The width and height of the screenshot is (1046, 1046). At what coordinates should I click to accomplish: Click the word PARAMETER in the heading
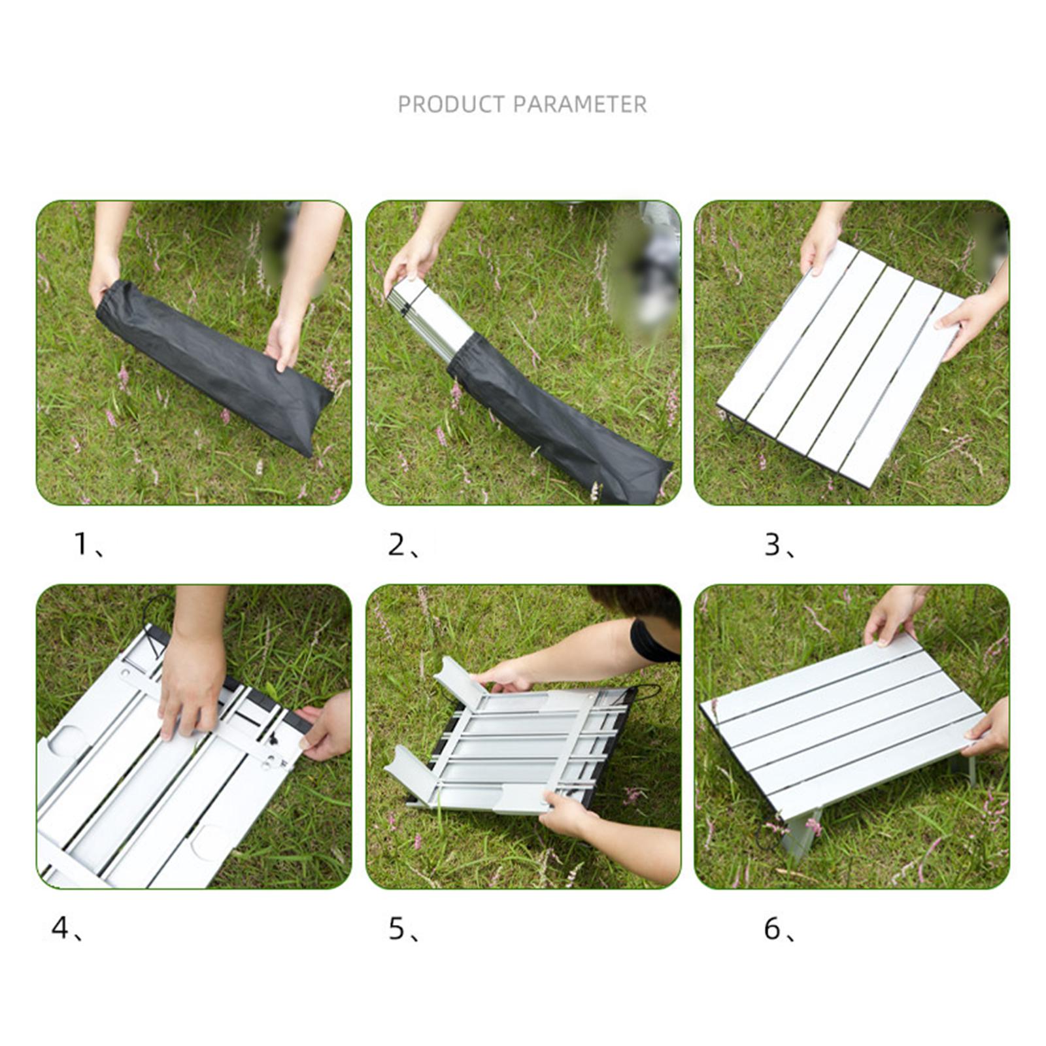(580, 105)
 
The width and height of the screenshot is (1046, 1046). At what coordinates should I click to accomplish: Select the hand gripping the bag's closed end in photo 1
(105, 275)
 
